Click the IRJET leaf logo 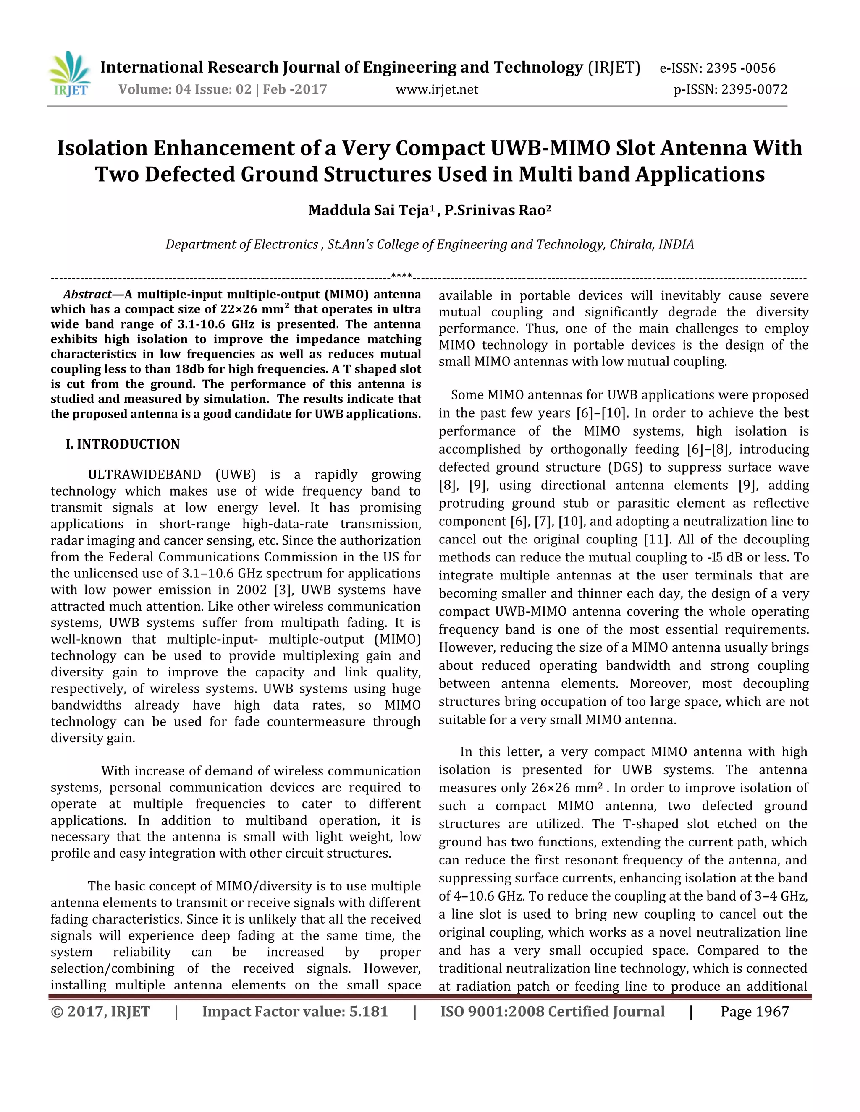pyautogui.click(x=70, y=74)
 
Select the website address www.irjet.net pyautogui.click(x=437, y=90)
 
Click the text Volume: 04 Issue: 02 pyautogui.click(x=185, y=90)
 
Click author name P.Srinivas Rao pyautogui.click(x=496, y=210)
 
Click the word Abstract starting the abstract pyautogui.click(x=87, y=294)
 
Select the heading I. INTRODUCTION pyautogui.click(x=123, y=444)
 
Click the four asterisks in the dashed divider pyautogui.click(x=401, y=277)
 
